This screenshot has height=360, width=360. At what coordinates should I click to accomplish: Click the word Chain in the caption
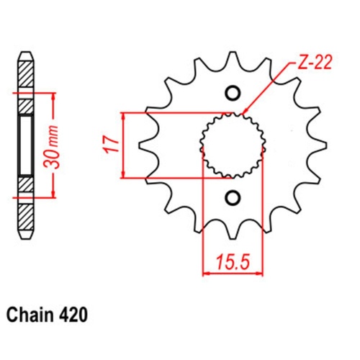pyautogui.click(x=31, y=315)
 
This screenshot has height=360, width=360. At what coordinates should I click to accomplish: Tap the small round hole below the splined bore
pyautogui.click(x=233, y=197)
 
